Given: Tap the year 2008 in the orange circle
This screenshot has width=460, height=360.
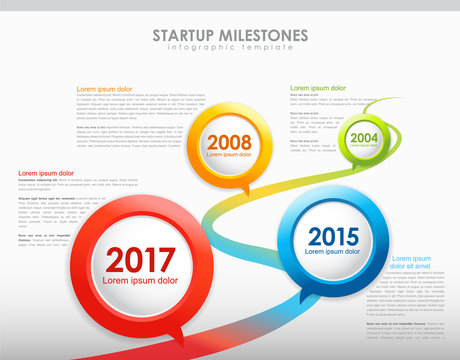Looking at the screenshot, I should [230, 142].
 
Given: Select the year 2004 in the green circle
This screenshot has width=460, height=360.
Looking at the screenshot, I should [364, 138].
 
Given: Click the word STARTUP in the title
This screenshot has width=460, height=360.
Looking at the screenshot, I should [184, 35].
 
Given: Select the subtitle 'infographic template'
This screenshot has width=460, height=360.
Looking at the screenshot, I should [230, 48].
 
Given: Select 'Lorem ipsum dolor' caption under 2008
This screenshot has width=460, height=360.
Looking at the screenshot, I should [230, 155].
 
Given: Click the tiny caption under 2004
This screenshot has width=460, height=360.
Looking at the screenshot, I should [364, 146].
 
